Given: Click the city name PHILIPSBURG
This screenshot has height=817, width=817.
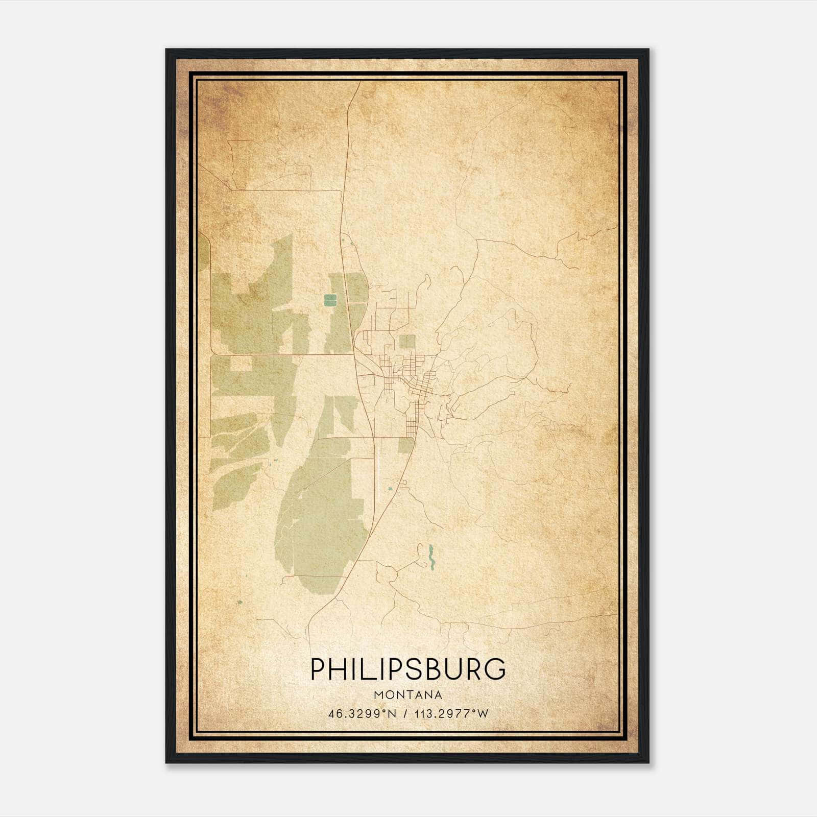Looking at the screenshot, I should click(408, 669).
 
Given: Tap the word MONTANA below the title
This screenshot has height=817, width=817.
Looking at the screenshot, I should click(408, 695).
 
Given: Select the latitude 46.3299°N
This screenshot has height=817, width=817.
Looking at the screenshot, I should click(363, 714).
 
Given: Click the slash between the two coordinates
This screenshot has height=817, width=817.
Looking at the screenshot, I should click(405, 714).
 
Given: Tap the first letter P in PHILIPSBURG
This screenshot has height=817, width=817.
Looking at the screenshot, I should click(318, 669).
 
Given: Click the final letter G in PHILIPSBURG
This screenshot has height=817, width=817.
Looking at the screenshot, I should click(495, 669).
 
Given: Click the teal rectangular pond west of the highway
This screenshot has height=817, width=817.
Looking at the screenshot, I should click(330, 300).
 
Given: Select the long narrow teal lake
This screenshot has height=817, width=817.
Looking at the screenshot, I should click(431, 557).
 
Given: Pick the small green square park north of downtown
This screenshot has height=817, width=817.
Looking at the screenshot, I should click(407, 342).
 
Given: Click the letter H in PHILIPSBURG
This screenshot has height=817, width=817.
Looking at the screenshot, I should click(338, 669).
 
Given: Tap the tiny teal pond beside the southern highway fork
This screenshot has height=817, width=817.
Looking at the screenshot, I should click(391, 489).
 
